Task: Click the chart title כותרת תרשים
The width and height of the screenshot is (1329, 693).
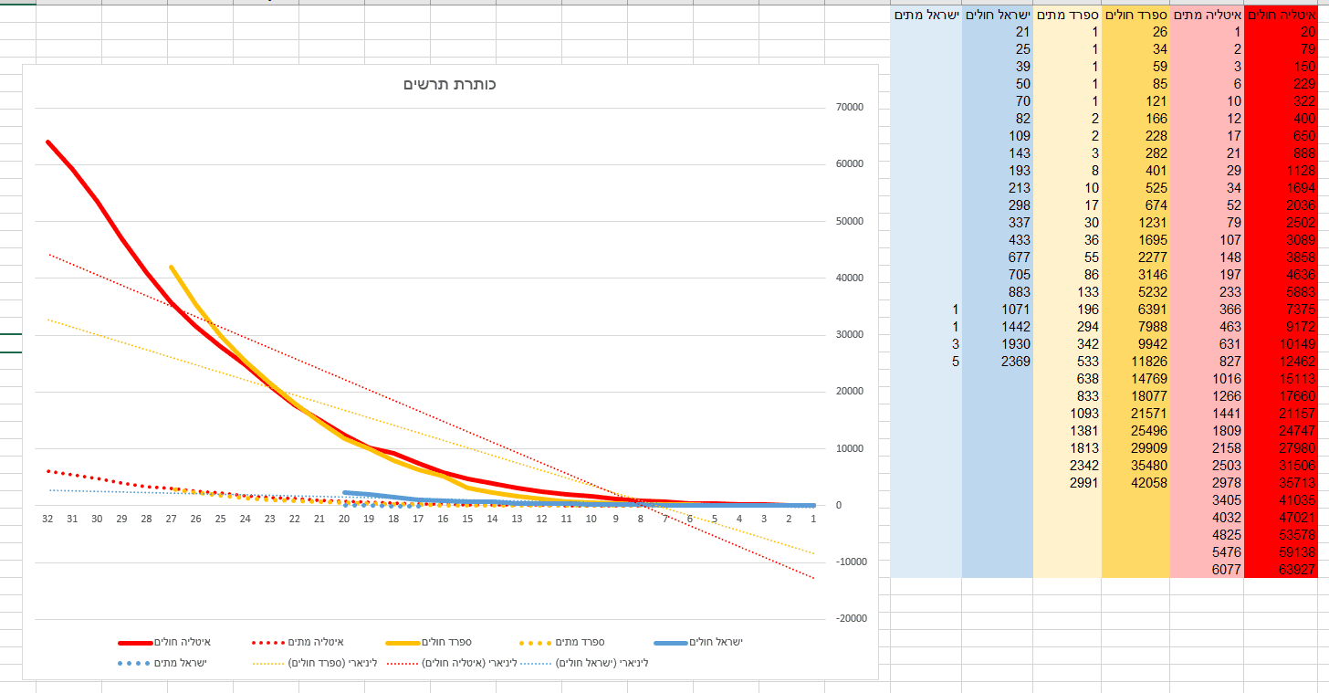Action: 450,84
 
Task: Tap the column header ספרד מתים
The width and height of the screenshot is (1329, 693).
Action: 1067,15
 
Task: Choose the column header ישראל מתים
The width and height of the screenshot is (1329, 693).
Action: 926,15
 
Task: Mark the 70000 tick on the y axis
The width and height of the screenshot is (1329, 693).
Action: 849,108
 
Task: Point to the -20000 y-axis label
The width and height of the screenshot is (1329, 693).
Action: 849,619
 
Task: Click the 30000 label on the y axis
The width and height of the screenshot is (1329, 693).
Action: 849,335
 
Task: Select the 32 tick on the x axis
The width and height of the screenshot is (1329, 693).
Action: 47,519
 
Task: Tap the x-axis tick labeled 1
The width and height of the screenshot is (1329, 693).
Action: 813,519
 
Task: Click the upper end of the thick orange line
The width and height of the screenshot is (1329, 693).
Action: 171,267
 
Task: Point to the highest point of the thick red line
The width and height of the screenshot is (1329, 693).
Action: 47,142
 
